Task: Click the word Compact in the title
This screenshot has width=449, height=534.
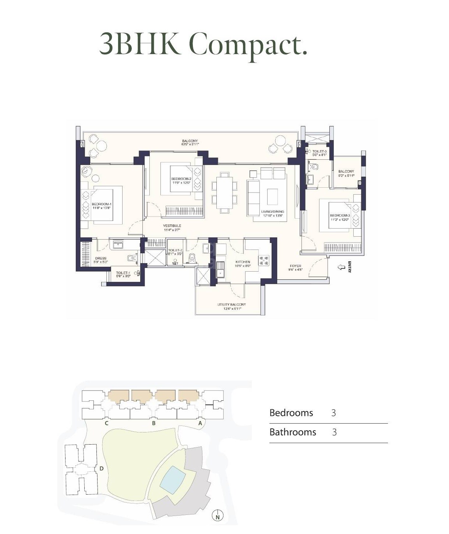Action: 248,44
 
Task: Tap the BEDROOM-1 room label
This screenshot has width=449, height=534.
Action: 101,204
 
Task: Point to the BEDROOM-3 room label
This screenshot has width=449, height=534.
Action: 340,216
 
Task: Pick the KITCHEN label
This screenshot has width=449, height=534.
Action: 243,262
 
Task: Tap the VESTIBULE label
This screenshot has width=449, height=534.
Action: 172,226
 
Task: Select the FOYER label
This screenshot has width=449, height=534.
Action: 295,266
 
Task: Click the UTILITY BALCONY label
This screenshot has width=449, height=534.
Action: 231,305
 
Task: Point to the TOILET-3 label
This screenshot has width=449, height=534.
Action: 319,151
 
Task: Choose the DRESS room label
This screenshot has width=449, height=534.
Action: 100,258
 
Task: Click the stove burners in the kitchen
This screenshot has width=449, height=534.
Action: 264,261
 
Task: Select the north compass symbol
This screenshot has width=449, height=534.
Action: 218,516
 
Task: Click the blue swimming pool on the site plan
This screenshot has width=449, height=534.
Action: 173,480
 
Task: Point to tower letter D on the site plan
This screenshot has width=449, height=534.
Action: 101,468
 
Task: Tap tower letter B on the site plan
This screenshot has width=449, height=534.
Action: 154,423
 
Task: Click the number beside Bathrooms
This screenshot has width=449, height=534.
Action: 334,432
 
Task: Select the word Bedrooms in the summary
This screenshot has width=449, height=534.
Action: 291,413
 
